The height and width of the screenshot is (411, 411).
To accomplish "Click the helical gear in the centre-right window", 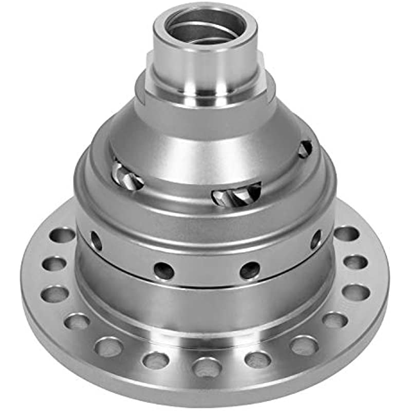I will point(236,194).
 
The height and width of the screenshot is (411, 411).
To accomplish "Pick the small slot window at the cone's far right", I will point(305,149).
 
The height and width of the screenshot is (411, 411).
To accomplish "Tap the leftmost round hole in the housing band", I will point(96,240).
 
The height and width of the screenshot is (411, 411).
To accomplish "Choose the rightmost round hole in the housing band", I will point(315,239).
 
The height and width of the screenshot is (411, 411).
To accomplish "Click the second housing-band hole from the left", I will point(164,271).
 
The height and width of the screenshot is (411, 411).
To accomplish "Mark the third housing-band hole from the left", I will point(250,270).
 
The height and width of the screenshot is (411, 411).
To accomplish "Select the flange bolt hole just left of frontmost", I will point(156,359).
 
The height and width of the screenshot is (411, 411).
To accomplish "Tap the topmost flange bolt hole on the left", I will point(62,235).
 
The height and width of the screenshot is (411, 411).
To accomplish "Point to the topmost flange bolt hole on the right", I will point(347,233).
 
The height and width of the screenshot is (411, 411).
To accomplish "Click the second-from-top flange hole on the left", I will point(54,264).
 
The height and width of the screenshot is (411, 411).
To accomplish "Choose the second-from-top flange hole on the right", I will point(356,262).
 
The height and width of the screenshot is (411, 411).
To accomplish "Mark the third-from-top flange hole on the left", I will point(55,294).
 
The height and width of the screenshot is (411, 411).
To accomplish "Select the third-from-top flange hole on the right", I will point(356,292).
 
